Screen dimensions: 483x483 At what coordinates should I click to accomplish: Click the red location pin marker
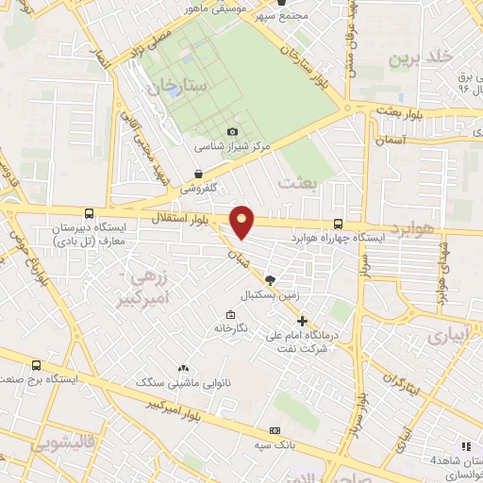click(243, 221)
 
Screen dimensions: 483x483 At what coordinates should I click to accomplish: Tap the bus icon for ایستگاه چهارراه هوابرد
click(339, 224)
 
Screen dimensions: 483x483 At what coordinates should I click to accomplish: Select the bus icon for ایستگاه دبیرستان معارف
click(89, 214)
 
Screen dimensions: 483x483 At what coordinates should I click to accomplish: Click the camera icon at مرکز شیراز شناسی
click(232, 132)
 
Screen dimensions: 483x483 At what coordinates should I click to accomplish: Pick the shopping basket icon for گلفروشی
click(198, 174)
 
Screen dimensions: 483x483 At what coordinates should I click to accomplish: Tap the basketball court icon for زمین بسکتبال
click(271, 280)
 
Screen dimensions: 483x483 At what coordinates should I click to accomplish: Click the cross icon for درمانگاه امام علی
click(302, 321)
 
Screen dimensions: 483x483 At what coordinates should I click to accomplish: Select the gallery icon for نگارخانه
click(230, 315)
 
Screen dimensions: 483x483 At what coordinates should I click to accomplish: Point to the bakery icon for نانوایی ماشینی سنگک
click(183, 369)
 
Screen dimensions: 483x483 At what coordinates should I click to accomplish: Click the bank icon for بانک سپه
click(277, 425)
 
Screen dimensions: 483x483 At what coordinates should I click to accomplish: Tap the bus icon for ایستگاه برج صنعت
click(37, 365)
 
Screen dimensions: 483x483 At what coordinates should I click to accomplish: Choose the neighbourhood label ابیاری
click(448, 336)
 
